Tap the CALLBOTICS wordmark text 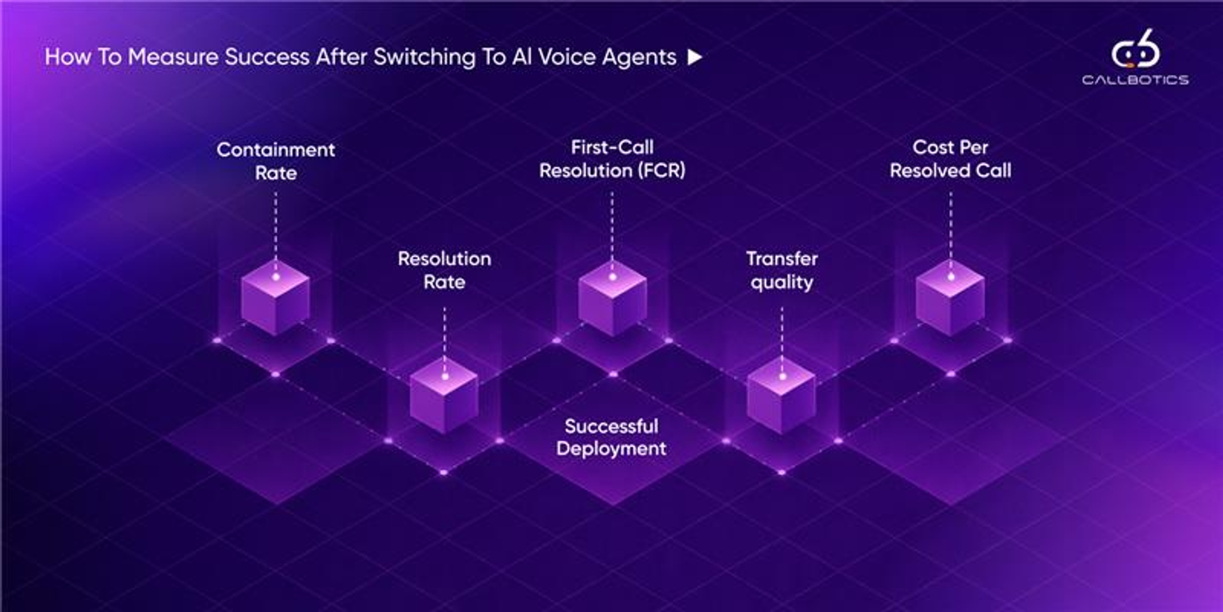click(1135, 80)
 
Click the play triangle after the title click(695, 57)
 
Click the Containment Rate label click(276, 161)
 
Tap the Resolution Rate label click(445, 270)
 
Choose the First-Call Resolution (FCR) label click(612, 159)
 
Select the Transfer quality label click(782, 270)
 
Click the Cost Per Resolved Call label click(950, 159)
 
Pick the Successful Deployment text click(611, 437)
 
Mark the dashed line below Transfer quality click(782, 335)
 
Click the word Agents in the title click(639, 58)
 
